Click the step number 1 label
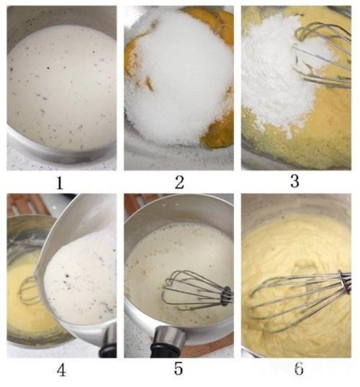(x=59, y=183)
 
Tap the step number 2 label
(x=179, y=183)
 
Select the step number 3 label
(x=294, y=182)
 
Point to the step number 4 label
(x=61, y=370)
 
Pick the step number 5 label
(x=179, y=369)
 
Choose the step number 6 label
(x=299, y=369)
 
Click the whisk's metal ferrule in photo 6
(x=346, y=281)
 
